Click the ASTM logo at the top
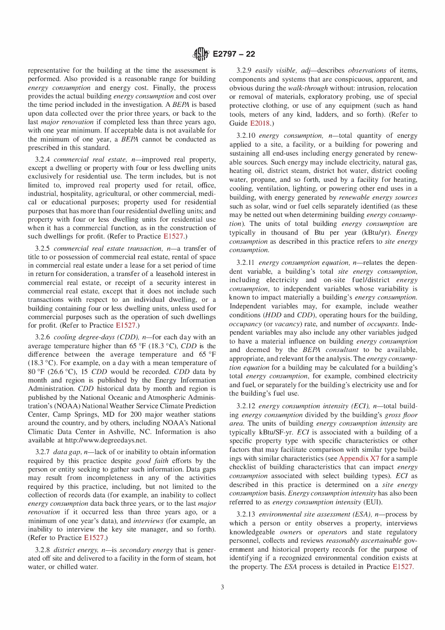pos(201,54)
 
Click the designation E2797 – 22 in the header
pos(234,54)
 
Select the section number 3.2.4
pos(43,159)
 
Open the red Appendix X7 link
pos(359,458)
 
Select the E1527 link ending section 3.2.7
pos(94,538)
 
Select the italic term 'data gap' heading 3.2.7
pos(67,452)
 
